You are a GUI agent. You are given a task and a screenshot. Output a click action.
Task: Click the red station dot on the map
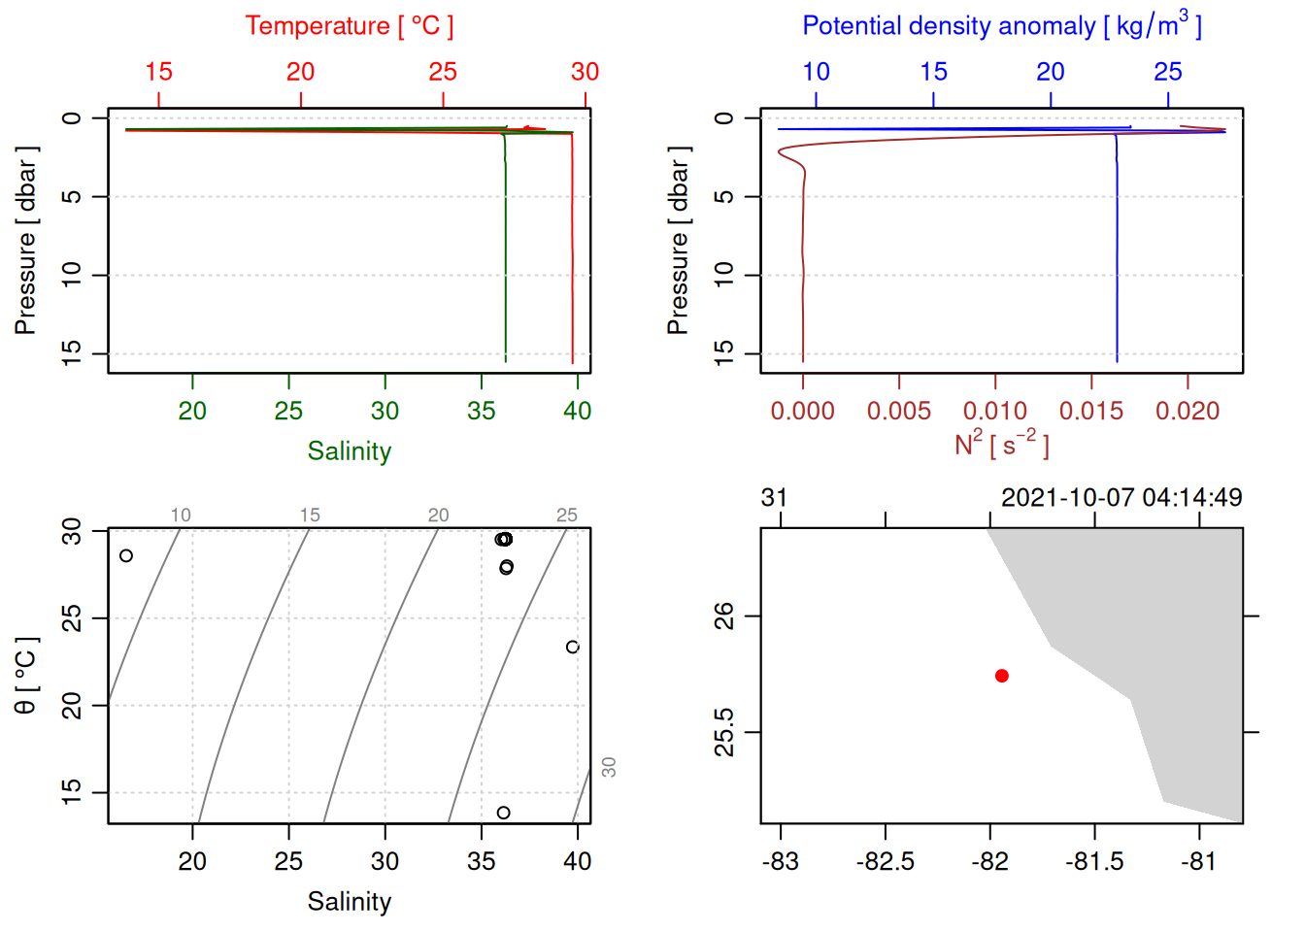click(x=1001, y=676)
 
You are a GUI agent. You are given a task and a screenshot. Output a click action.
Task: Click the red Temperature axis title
click(x=349, y=26)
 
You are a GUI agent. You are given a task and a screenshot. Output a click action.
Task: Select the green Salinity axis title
click(x=349, y=451)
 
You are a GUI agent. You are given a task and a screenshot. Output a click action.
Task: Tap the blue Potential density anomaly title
click(x=1001, y=25)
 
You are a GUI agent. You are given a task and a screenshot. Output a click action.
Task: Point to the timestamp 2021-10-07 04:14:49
click(x=1121, y=498)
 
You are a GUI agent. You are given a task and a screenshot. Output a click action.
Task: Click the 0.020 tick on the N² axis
click(x=1187, y=412)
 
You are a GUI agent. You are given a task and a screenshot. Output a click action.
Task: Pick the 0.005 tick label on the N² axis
click(x=898, y=412)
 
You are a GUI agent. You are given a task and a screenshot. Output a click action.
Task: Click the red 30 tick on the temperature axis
click(x=585, y=72)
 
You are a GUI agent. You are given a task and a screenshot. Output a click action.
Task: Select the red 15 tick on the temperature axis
click(x=158, y=72)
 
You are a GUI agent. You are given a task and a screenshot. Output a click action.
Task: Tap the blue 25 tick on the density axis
click(x=1167, y=72)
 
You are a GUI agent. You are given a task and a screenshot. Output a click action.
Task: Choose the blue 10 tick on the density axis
click(x=816, y=72)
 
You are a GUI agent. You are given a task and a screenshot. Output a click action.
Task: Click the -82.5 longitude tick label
click(x=885, y=862)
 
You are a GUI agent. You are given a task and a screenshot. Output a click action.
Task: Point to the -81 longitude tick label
click(x=1199, y=862)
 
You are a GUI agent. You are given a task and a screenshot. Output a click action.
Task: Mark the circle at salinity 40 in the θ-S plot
click(x=573, y=648)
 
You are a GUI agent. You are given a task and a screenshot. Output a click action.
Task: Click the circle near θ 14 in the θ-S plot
click(x=503, y=813)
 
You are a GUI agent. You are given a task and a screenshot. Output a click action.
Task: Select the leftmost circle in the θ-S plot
click(x=126, y=556)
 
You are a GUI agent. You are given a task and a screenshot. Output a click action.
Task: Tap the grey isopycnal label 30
click(x=609, y=767)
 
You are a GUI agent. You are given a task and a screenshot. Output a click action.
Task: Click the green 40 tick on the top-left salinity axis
click(x=577, y=412)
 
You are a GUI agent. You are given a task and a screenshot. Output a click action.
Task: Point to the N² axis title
click(x=1001, y=444)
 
